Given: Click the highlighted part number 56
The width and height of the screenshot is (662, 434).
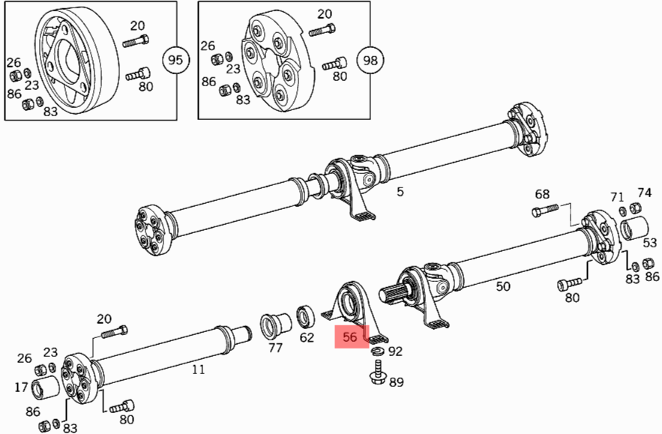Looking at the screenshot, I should [349, 337].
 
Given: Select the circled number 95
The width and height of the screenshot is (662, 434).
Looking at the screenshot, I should [176, 60].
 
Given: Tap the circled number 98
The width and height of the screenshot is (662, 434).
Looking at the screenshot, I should [369, 60].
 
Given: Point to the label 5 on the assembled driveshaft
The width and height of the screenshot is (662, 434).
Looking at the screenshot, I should [400, 192].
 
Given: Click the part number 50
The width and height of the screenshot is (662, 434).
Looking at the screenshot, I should [503, 286].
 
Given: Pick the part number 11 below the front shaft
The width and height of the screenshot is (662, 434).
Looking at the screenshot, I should [198, 369].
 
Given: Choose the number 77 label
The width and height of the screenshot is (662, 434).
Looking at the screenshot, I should [275, 347].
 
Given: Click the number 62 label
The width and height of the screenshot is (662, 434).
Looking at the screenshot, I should [307, 338].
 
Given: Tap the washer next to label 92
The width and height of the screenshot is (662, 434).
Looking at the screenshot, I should [376, 352].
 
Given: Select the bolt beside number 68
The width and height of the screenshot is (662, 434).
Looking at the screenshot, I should [545, 211].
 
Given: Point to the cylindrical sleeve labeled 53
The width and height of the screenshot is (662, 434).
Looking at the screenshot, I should [636, 229].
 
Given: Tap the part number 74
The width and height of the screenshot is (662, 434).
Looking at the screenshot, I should [645, 193].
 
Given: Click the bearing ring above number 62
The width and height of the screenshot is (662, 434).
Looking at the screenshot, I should [306, 316].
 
